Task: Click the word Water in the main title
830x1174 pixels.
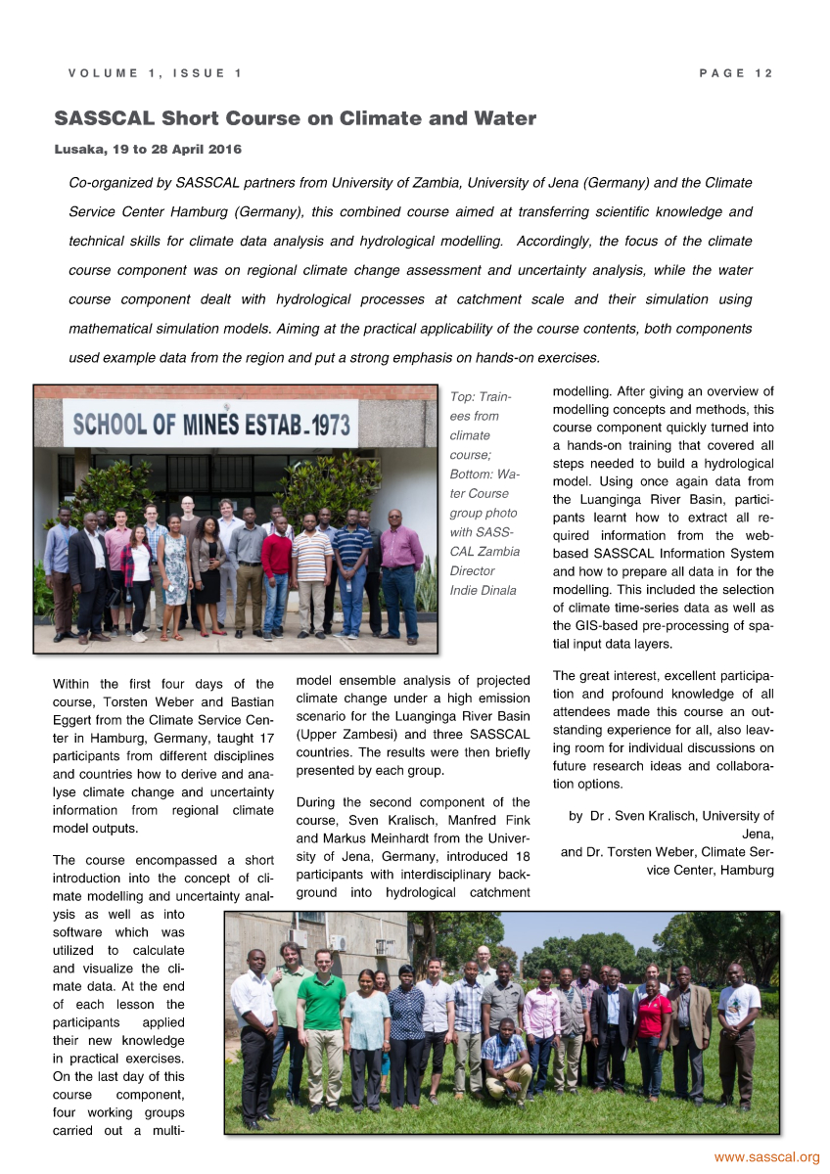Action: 503,119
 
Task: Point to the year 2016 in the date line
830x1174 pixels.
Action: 221,150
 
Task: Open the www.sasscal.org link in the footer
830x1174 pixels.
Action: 766,1157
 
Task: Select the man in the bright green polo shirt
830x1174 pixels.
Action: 321,1017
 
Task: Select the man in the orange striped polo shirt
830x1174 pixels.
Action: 311,567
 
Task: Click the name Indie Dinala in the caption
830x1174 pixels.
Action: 483,590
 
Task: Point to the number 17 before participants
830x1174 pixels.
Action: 263,736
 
